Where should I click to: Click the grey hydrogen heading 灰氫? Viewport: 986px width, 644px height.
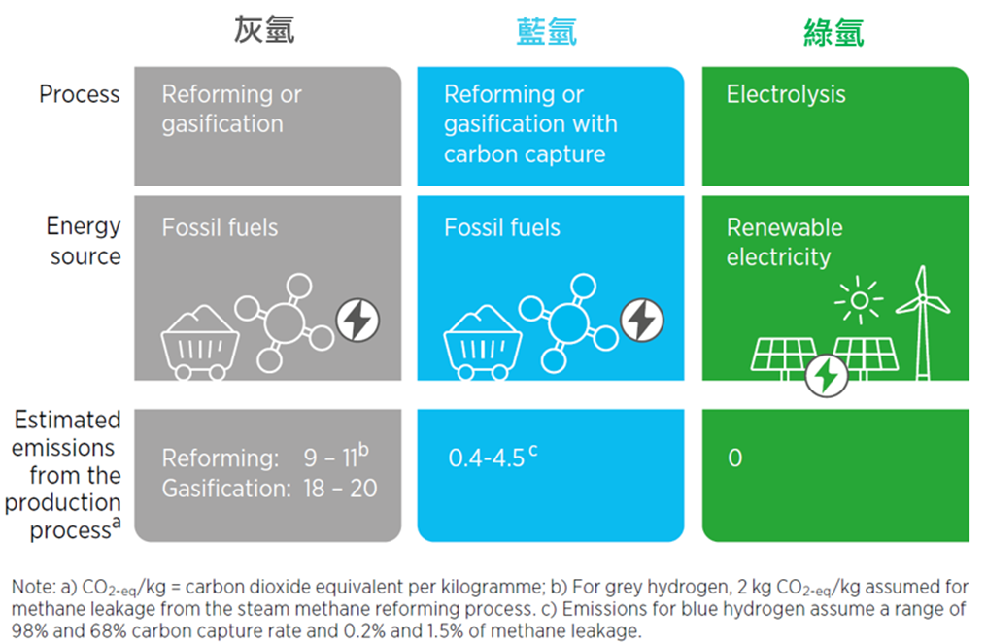click(264, 30)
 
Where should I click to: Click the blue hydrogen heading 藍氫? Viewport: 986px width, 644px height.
click(547, 31)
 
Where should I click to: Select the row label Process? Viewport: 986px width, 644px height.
click(80, 94)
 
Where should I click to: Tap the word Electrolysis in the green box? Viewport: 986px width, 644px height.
click(786, 94)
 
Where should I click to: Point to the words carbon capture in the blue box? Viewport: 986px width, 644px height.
click(525, 154)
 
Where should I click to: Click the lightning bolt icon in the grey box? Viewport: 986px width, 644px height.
click(357, 321)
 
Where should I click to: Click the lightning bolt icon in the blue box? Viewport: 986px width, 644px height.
click(642, 321)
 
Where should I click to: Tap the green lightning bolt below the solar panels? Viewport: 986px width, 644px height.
click(827, 376)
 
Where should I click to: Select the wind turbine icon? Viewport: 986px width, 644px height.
click(923, 322)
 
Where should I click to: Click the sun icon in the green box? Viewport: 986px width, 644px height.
click(859, 300)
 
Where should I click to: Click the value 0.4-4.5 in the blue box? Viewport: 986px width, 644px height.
click(486, 458)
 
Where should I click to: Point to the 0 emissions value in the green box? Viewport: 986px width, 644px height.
click(735, 458)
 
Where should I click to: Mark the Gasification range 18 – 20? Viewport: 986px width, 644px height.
click(340, 488)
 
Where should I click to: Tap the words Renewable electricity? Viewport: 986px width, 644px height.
click(784, 242)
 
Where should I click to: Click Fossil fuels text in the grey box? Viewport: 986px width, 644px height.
click(220, 227)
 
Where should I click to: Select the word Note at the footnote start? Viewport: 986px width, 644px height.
click(34, 587)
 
